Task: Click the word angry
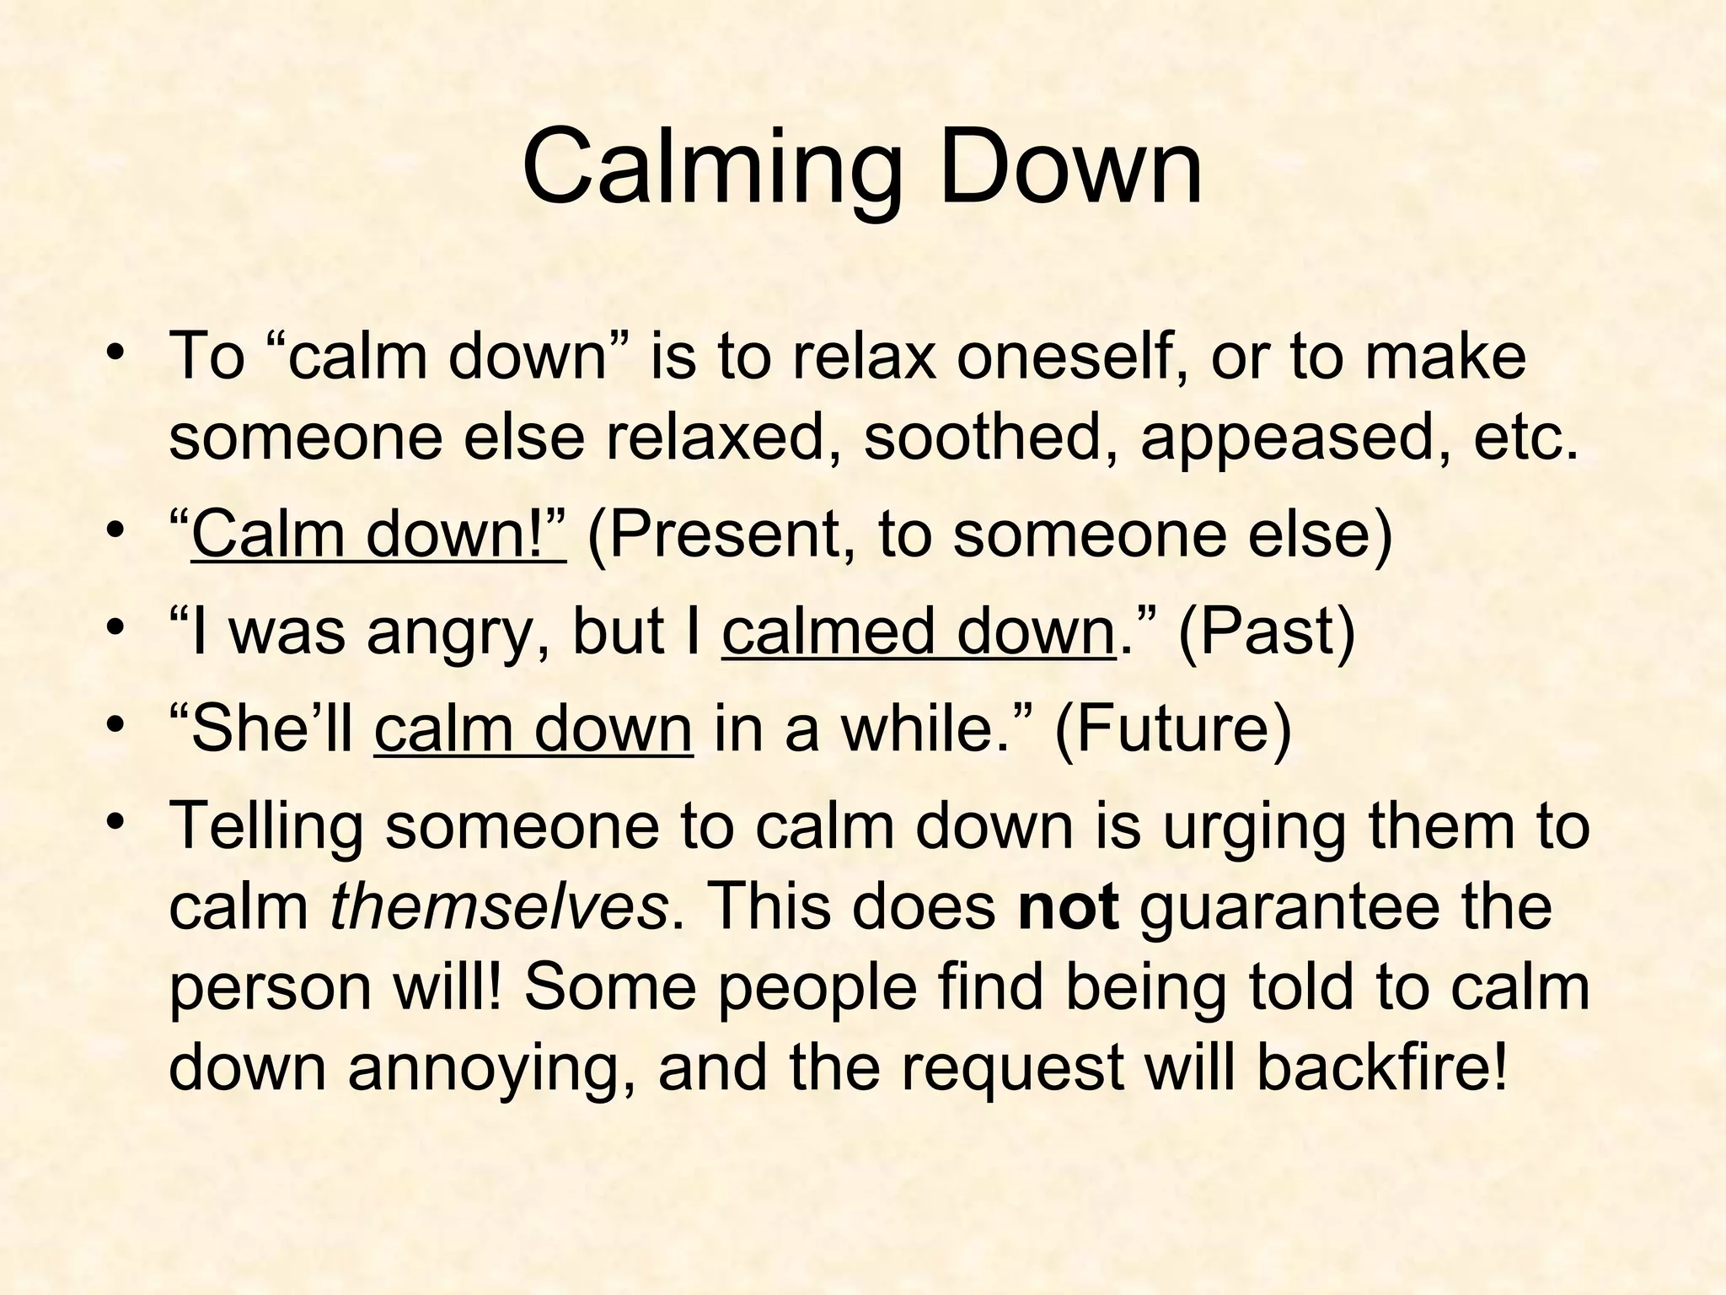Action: (458, 633)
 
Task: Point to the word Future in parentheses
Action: (1173, 728)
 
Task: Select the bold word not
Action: (1069, 909)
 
